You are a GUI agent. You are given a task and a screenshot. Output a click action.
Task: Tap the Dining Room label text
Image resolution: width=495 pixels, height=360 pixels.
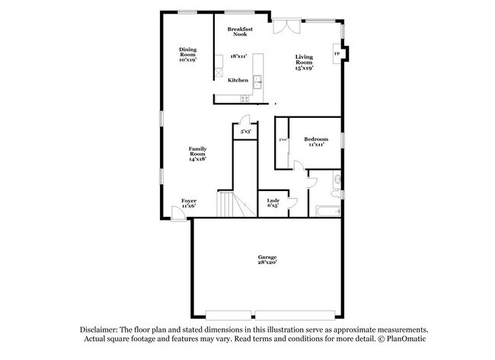187,55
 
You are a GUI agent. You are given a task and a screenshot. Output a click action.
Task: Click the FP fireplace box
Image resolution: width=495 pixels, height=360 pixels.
337,54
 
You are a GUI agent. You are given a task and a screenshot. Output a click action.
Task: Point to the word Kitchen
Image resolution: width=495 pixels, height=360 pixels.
238,80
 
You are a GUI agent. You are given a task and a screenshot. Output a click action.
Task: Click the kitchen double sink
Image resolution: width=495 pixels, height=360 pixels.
258,81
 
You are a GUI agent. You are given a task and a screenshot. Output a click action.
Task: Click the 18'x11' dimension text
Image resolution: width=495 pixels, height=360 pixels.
239,56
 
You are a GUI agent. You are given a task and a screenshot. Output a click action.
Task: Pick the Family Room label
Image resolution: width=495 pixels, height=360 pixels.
198,153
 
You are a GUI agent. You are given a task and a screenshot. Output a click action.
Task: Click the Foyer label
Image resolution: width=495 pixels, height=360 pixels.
189,203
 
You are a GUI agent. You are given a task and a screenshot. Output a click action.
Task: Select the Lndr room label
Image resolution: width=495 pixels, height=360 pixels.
273,203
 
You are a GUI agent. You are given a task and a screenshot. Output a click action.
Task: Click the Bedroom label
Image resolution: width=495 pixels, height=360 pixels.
316,142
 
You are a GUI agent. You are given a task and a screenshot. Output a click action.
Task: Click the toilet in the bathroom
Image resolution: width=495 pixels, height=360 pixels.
338,180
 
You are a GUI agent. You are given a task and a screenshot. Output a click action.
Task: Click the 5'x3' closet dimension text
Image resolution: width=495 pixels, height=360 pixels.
247,132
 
